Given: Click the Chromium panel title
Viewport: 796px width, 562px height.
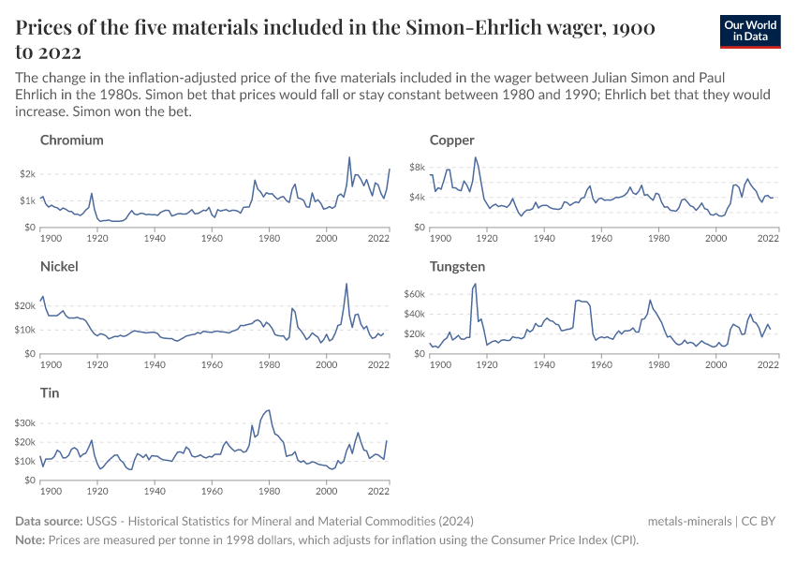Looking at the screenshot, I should coord(72,140).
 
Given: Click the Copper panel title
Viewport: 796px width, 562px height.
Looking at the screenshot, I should coord(451,140).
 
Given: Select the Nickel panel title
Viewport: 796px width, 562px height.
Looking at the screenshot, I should coord(59,267).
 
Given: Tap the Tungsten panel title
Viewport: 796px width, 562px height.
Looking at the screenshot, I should coord(457,267).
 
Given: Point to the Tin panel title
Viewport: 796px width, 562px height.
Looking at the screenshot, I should coord(51,393).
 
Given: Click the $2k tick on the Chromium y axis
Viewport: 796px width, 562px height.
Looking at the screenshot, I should coord(26,174).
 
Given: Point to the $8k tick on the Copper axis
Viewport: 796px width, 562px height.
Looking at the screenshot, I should coord(417,168).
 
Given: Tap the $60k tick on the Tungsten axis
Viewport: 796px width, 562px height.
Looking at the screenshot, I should coord(413,294).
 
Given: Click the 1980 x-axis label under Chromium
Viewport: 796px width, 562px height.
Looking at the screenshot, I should coord(269,238).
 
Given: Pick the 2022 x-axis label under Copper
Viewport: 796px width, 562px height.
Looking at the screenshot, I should coord(767,238).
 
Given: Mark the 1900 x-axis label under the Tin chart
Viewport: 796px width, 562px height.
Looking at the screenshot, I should coord(51,491).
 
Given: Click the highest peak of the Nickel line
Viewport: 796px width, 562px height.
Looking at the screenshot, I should coord(346,284).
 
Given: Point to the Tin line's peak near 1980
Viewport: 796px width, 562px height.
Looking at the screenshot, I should coord(269,409).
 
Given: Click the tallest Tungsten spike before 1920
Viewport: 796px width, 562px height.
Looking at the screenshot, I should coord(476,283).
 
